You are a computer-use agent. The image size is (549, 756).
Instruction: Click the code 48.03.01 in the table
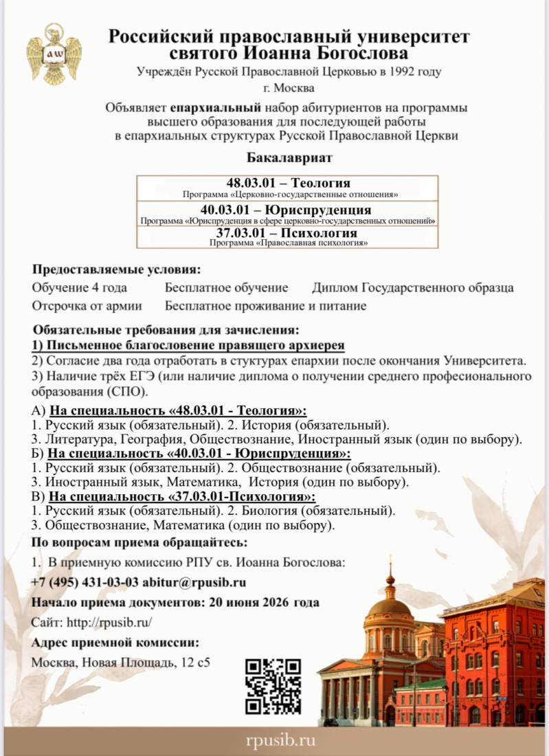pos(256,183)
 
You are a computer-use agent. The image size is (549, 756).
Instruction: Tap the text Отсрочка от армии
pos(87,306)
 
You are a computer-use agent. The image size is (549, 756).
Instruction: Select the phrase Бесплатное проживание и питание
pos(266,306)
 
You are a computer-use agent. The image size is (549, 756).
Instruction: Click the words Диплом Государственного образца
pos(412,288)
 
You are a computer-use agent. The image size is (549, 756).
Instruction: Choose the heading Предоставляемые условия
pos(117,269)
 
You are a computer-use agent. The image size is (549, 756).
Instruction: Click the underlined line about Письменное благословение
pos(188,345)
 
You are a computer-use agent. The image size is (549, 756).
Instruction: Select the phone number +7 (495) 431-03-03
pos(85,582)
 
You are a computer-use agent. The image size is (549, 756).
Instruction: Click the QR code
pos(273,685)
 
